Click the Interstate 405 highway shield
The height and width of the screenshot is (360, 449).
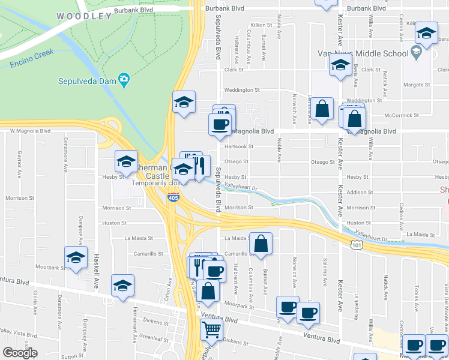pos(173,197)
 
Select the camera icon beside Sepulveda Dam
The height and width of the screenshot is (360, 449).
pos(124,79)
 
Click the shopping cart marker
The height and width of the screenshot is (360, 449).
pos(211,328)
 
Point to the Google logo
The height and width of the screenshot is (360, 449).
pos(20,353)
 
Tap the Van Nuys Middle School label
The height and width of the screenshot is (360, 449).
pos(363,53)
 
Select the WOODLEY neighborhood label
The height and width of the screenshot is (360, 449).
pos(85,16)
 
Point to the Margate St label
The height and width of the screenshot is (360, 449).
pos(417,85)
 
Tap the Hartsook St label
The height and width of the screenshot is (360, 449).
pos(239,146)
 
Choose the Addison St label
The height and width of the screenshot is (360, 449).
pos(361,193)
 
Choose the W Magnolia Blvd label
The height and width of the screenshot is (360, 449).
pos(29,130)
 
